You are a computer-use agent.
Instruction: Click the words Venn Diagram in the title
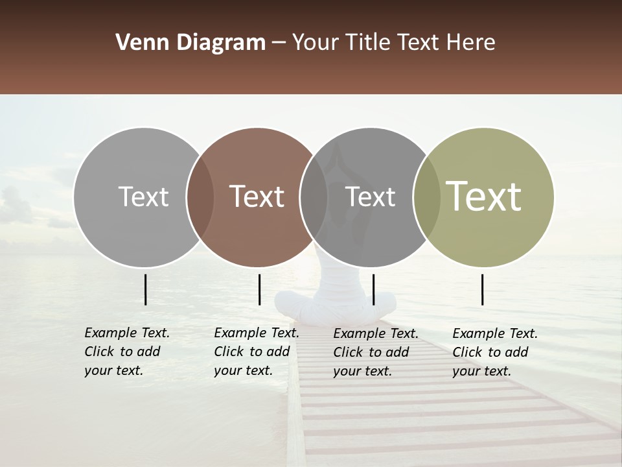point(190,43)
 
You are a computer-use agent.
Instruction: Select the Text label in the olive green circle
point(484,197)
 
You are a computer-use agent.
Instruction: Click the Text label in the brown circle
point(257,197)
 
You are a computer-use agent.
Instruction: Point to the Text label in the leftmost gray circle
point(143,197)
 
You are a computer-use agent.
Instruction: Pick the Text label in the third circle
point(370,197)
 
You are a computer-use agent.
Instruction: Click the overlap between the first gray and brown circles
point(200,197)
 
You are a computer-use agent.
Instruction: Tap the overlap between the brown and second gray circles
point(314,197)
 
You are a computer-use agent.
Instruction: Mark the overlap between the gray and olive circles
point(426,197)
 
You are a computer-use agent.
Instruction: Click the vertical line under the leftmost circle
point(146,289)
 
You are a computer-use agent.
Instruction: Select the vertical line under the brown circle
point(259,289)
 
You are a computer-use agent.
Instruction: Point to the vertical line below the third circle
point(373,289)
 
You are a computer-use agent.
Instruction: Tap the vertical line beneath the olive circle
point(483,289)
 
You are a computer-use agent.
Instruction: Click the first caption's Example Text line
point(127,333)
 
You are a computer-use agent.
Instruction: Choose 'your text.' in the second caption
point(243,370)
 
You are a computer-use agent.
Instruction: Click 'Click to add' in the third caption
point(371,352)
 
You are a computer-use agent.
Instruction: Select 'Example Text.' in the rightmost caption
point(495,333)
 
